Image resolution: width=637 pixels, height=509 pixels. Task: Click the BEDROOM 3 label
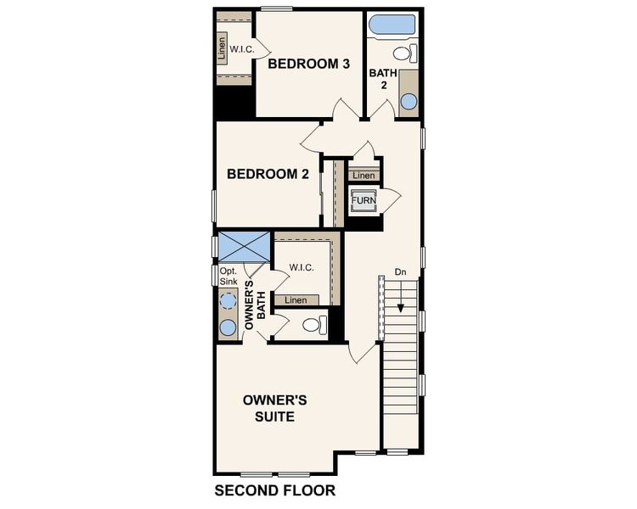pyautogui.click(x=310, y=64)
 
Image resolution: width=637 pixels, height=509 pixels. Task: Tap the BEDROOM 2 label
pyautogui.click(x=268, y=174)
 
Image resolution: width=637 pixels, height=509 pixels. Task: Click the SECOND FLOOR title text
pyautogui.click(x=274, y=490)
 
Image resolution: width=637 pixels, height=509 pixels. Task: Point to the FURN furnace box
pyautogui.click(x=364, y=201)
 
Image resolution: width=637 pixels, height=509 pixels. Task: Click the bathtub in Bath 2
pyautogui.click(x=392, y=24)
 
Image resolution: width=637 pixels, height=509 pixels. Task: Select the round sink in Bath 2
pyautogui.click(x=409, y=101)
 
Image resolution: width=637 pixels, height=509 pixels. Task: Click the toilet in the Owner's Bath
pyautogui.click(x=313, y=324)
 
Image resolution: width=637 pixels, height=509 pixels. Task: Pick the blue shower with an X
pyautogui.click(x=244, y=247)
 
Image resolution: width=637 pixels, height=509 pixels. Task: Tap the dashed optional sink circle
pyautogui.click(x=228, y=299)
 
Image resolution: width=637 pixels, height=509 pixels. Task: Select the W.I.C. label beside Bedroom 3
pyautogui.click(x=242, y=50)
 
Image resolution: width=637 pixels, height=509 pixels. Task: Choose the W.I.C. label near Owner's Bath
pyautogui.click(x=302, y=268)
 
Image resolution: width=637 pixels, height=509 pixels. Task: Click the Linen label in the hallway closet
pyautogui.click(x=364, y=176)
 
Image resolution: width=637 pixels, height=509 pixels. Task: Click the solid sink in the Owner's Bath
pyautogui.click(x=228, y=327)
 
